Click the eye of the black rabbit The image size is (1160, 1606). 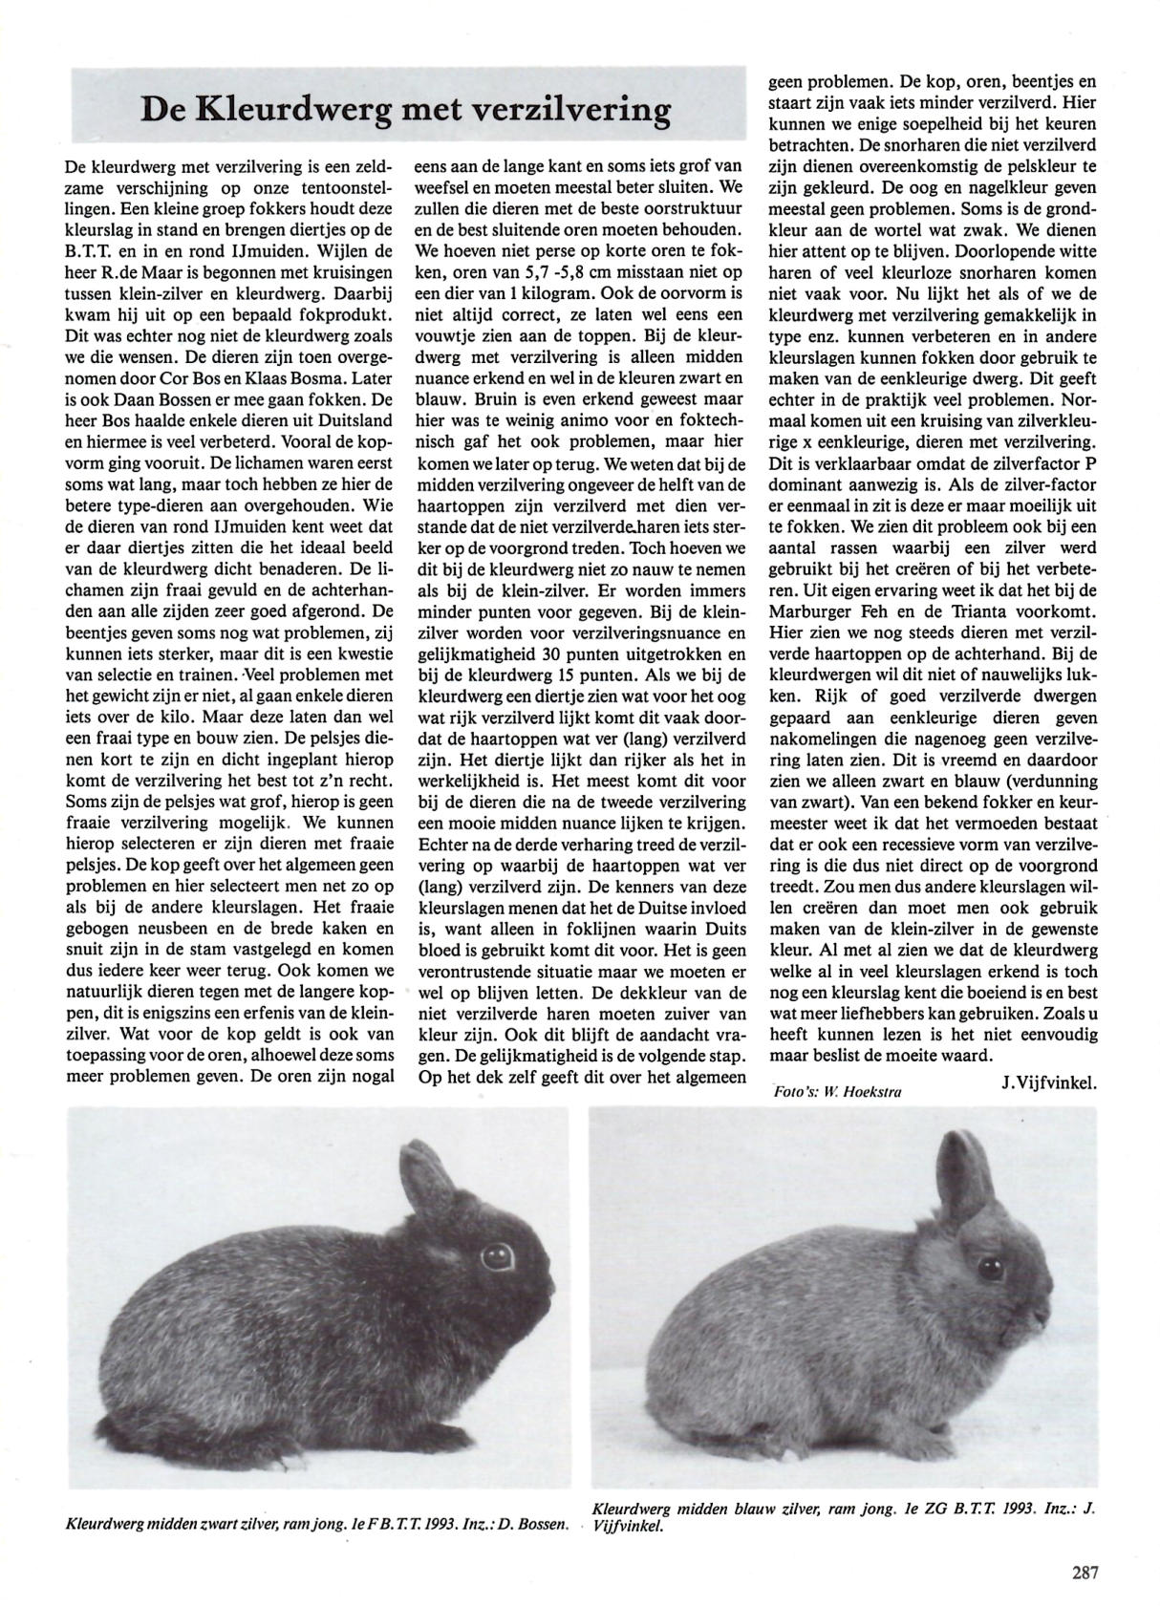coord(496,1252)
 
